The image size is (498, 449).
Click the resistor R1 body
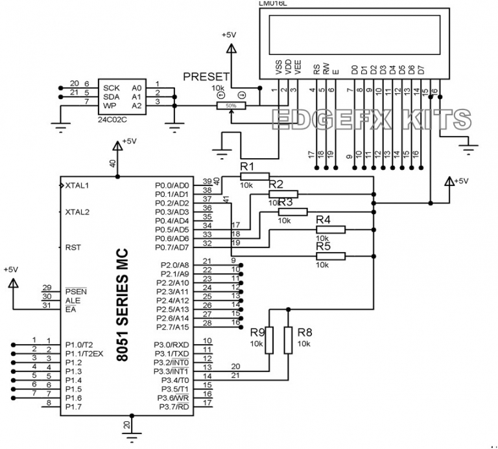[249, 176]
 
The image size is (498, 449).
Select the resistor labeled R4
[331, 229]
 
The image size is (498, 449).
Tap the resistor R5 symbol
[331, 256]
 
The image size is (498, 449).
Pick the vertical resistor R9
[269, 340]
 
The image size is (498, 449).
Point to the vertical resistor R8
[288, 340]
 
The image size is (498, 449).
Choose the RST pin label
[73, 248]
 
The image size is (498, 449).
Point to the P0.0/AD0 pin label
[172, 185]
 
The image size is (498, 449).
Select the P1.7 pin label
[74, 406]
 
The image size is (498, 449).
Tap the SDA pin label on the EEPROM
[112, 97]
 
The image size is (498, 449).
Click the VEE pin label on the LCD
[297, 68]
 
